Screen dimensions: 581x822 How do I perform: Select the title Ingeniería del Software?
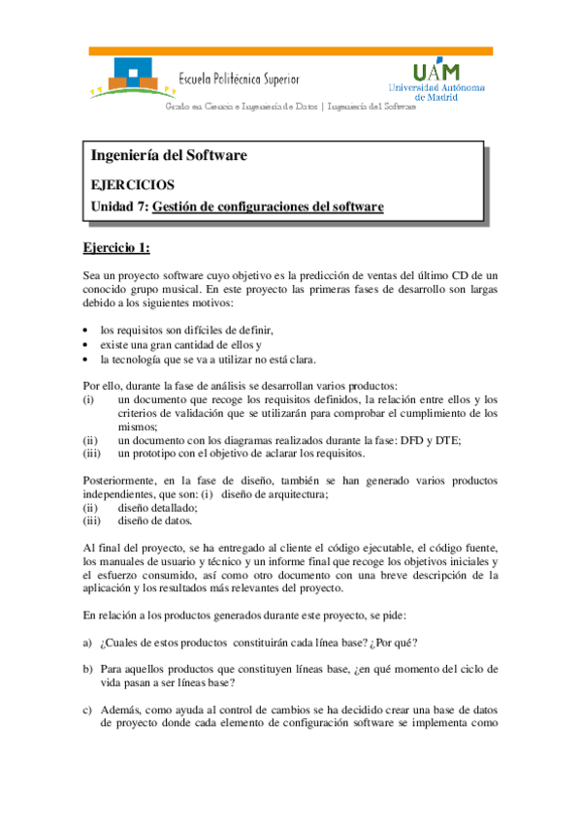pyautogui.click(x=169, y=155)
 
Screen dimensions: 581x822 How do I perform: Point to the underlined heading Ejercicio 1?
pyautogui.click(x=116, y=248)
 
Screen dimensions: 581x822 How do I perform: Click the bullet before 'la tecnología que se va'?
pyautogui.click(x=86, y=359)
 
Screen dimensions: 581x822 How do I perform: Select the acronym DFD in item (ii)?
pyautogui.click(x=422, y=440)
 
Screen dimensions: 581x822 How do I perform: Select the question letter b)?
pyautogui.click(x=87, y=670)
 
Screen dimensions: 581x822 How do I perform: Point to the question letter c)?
pyautogui.click(x=87, y=710)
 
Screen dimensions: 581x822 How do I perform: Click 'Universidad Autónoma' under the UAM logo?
pyautogui.click(x=436, y=87)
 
